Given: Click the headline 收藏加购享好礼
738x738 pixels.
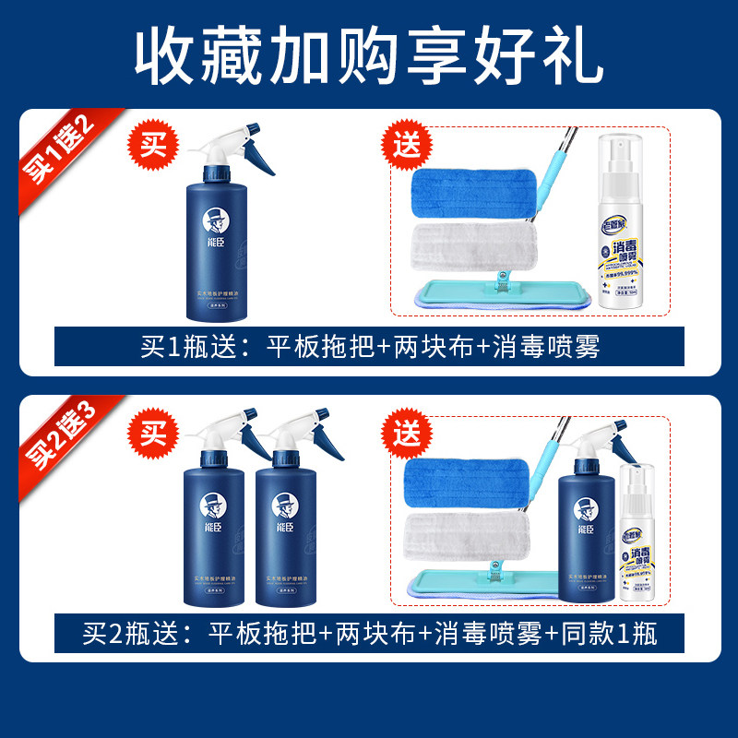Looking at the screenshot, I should [x=369, y=57].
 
